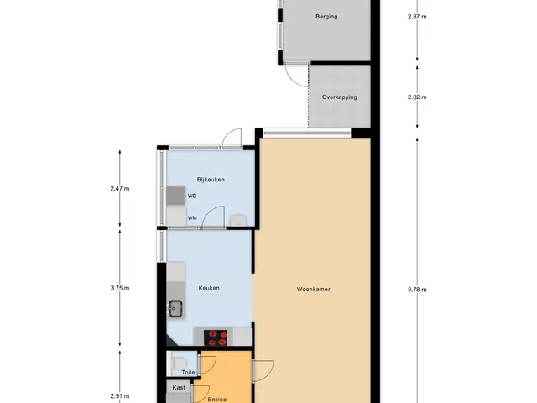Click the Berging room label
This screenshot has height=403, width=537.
[326, 17]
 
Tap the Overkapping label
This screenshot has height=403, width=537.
[339, 97]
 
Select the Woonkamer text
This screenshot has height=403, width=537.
[313, 289]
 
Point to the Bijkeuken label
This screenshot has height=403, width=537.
[211, 180]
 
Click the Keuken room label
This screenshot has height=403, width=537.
[209, 288]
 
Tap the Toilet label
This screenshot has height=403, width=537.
[189, 372]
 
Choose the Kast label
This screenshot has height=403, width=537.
[179, 388]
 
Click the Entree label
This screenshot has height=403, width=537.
[217, 400]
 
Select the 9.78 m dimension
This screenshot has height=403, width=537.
[417, 290]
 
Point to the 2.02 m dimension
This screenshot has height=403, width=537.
[417, 97]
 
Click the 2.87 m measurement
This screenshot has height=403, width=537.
[417, 17]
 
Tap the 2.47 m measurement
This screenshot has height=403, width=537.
[120, 188]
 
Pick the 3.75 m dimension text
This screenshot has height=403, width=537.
[120, 288]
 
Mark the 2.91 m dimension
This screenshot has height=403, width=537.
[120, 396]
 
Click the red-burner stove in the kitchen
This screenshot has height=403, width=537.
[216, 338]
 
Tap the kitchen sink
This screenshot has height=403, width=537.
[175, 308]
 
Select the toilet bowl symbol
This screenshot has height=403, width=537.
[179, 363]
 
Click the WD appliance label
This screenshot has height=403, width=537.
[192, 196]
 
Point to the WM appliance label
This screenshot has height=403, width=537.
[192, 218]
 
